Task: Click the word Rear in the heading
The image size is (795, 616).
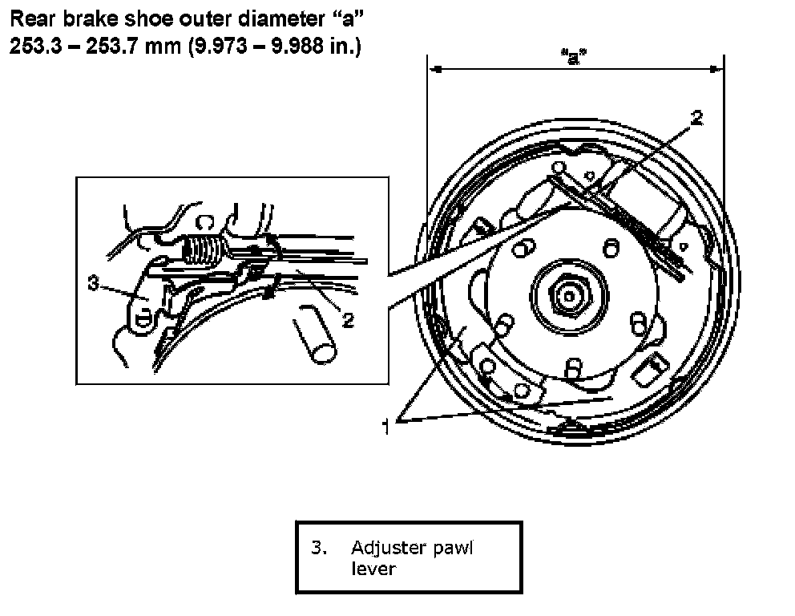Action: pyautogui.click(x=33, y=19)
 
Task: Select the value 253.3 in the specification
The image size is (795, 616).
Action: pyautogui.click(x=35, y=47)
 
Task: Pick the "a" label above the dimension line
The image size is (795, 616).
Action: pyautogui.click(x=574, y=57)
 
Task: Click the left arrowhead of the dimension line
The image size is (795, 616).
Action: pyautogui.click(x=435, y=69)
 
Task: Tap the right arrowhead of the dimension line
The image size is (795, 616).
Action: pyautogui.click(x=716, y=69)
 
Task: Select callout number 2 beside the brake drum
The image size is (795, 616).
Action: pyautogui.click(x=697, y=118)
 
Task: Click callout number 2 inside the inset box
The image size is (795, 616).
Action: pyautogui.click(x=348, y=320)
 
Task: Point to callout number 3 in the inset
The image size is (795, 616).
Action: pyautogui.click(x=93, y=283)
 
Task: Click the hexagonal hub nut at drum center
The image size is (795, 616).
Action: pyautogui.click(x=569, y=296)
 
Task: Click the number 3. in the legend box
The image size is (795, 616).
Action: pyautogui.click(x=319, y=548)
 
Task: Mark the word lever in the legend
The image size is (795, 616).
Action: pyautogui.click(x=373, y=569)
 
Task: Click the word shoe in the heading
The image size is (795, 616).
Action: pyautogui.click(x=149, y=19)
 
